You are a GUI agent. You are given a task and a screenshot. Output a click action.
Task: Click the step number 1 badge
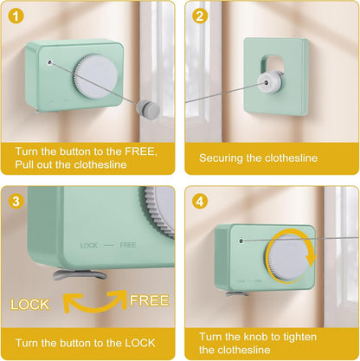click(x=16, y=16)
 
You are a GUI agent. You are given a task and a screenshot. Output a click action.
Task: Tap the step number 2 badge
click(x=199, y=16)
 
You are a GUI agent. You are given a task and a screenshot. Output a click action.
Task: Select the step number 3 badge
click(x=16, y=201)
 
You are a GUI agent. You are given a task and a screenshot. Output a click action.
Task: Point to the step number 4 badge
click(x=199, y=202)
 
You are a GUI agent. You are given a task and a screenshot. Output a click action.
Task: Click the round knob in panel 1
click(x=95, y=77)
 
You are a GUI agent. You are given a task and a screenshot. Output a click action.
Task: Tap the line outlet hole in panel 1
click(x=50, y=62)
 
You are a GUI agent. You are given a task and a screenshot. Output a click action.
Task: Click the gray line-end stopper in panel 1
click(x=148, y=108)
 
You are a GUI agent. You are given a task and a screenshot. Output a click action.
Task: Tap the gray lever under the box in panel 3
click(x=80, y=274)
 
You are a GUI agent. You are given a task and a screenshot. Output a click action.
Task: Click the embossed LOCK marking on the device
click(x=89, y=246)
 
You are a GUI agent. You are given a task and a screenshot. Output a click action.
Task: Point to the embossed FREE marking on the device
click(x=128, y=245)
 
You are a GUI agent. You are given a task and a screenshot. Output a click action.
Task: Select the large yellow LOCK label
click(x=29, y=305)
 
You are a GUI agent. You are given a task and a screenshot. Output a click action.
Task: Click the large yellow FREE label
click(x=149, y=300)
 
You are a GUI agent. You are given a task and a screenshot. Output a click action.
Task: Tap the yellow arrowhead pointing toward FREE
click(x=119, y=298)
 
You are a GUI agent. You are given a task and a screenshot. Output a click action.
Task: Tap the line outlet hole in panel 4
click(x=241, y=241)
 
